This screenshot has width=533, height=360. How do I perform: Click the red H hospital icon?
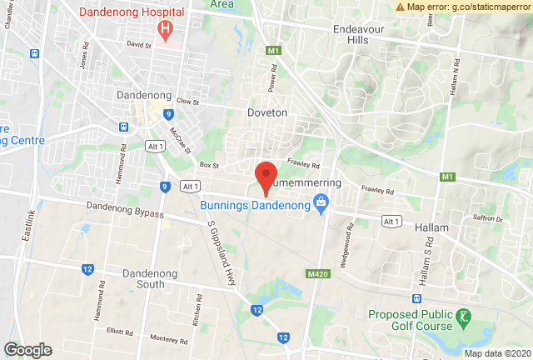click(165, 29)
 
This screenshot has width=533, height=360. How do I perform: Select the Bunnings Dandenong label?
click(254, 203)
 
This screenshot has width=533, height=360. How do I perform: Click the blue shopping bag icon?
click(319, 202)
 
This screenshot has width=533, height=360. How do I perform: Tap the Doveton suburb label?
click(267, 112)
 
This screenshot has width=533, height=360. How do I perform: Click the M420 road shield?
click(316, 273)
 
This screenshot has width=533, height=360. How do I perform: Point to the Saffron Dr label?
click(489, 219)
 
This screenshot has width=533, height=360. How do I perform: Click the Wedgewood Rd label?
click(341, 242)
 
